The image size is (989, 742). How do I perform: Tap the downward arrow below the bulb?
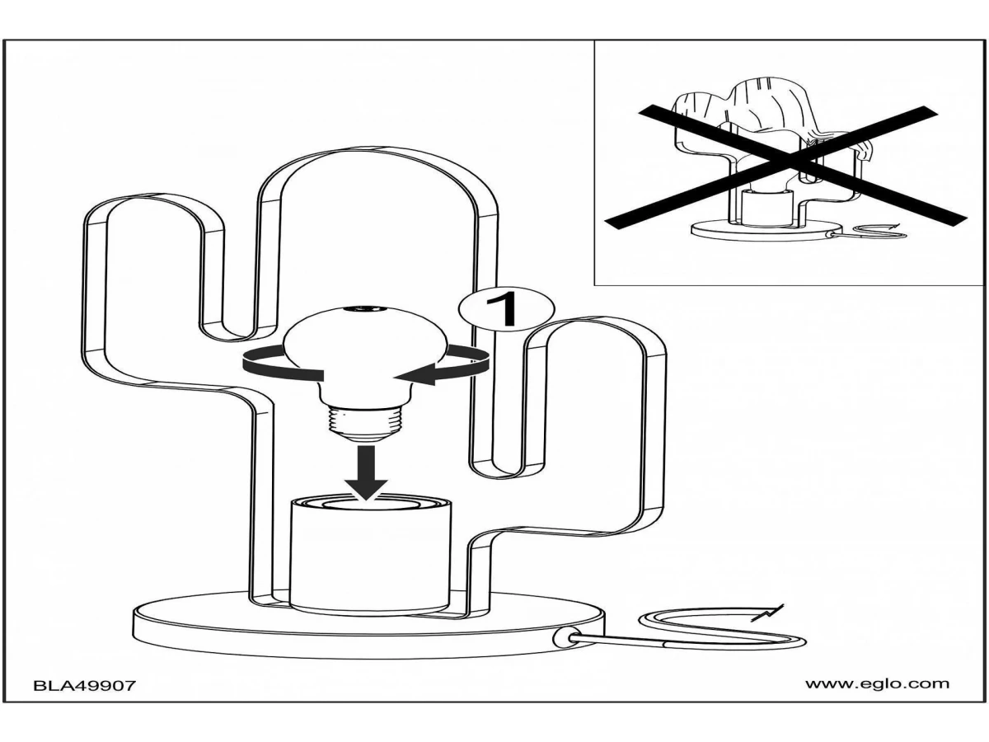[x=366, y=472]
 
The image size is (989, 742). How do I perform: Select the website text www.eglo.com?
[x=877, y=683]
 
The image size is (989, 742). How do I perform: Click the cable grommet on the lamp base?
[x=564, y=637]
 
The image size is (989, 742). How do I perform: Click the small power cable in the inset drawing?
[x=874, y=233]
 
